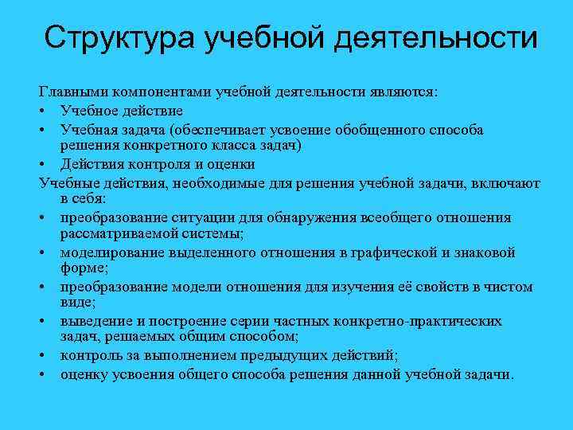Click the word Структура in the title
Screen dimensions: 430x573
point(118,37)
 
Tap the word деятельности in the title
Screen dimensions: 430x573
point(433,37)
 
